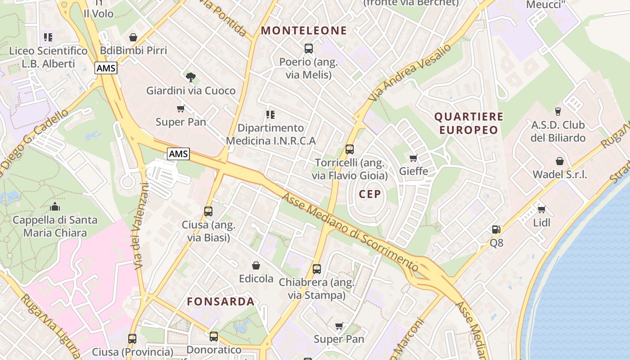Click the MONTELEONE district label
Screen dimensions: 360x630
[x=304, y=31]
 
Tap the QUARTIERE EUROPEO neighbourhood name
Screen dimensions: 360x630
[x=468, y=123]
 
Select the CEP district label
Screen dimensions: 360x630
[x=370, y=194]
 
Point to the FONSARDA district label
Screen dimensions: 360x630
[x=221, y=301]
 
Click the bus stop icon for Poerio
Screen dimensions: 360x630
[x=309, y=49]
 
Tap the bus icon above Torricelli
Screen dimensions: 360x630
[x=350, y=149]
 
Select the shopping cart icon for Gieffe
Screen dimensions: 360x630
[x=413, y=158]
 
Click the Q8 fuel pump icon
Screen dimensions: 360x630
[x=496, y=229]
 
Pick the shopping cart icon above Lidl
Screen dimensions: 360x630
[x=541, y=209]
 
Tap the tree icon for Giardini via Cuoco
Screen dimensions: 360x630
[x=191, y=77]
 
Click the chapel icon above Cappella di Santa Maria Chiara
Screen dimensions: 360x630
[x=55, y=207]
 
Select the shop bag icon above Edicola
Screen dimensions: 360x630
[x=256, y=265]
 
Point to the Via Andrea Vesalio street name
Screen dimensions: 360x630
[x=409, y=72]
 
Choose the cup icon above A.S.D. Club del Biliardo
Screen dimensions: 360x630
[x=558, y=111]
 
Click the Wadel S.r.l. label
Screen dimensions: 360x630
[x=559, y=175]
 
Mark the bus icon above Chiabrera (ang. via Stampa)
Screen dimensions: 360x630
[x=317, y=269]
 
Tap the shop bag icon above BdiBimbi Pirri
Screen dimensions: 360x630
[x=133, y=37]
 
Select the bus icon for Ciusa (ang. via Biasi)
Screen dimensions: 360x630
[x=208, y=211]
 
